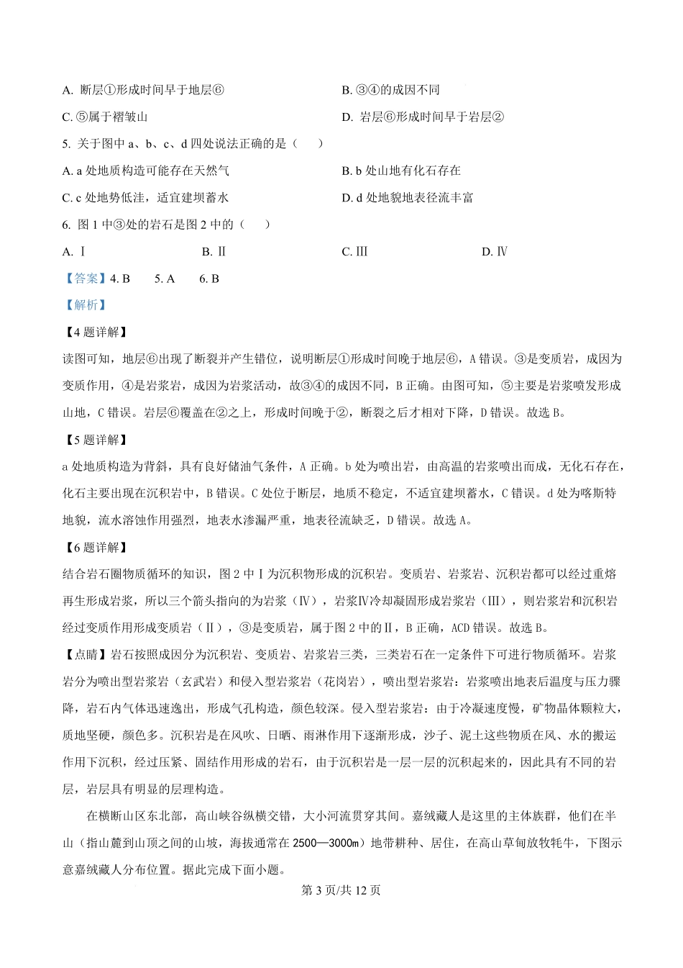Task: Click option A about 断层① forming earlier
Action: [144, 90]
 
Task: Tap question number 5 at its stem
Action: [67, 143]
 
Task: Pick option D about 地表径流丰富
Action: [407, 197]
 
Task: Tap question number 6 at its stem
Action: [67, 224]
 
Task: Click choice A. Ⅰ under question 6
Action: [74, 251]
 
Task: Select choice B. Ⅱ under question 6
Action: [214, 251]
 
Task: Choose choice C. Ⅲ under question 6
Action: [354, 251]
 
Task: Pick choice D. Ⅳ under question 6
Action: [495, 251]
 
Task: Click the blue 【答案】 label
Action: [85, 279]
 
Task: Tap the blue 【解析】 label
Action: [85, 305]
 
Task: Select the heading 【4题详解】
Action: [95, 332]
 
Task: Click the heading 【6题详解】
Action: [95, 547]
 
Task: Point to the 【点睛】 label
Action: [85, 655]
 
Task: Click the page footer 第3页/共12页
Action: [341, 890]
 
